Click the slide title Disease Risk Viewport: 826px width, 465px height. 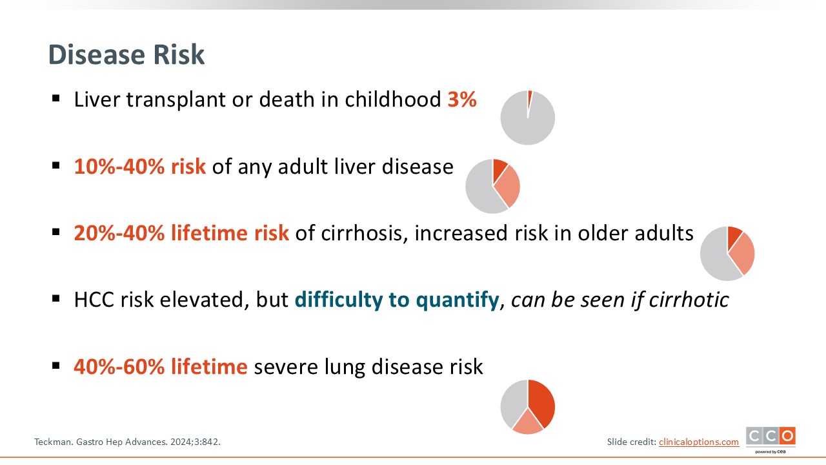point(126,55)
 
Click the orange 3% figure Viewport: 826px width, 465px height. point(462,99)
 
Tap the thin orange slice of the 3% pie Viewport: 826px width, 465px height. point(530,99)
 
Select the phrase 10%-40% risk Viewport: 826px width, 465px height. point(140,167)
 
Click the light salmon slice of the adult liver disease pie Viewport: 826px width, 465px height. point(508,187)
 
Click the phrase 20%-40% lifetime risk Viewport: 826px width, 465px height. point(181,233)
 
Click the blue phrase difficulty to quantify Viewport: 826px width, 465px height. point(397,300)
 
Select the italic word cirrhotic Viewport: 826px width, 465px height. point(689,299)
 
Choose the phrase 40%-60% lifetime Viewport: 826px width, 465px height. point(161,366)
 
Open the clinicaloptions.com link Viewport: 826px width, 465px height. point(699,442)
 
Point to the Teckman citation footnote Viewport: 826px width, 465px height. point(127,442)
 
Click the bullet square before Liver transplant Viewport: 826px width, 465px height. point(56,99)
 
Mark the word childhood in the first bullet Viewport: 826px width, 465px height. point(393,99)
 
